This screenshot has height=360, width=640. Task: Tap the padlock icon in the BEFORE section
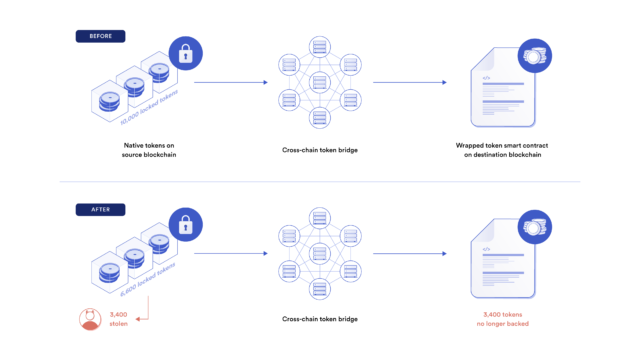(184, 53)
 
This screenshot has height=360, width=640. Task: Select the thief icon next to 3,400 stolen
(89, 319)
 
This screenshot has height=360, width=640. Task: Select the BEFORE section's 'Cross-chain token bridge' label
(320, 151)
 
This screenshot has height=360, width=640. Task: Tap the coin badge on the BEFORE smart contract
(534, 58)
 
